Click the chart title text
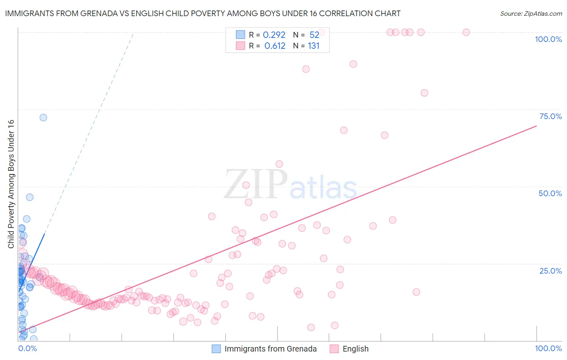pyautogui.click(x=202, y=13)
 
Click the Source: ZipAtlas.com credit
pyautogui.click(x=531, y=13)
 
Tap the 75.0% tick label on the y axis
pyautogui.click(x=550, y=116)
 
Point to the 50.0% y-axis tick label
pyautogui.click(x=550, y=193)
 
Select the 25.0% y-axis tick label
pyautogui.click(x=550, y=271)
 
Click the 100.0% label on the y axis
pyautogui.click(x=548, y=39)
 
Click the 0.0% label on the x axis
pyautogui.click(x=27, y=348)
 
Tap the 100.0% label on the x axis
pyautogui.click(x=548, y=348)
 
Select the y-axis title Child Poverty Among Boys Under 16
pyautogui.click(x=11, y=184)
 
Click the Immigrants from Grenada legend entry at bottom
pyautogui.click(x=270, y=349)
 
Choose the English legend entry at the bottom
pyautogui.click(x=355, y=349)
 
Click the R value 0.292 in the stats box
pyautogui.click(x=274, y=35)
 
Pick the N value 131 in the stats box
pyautogui.click(x=313, y=46)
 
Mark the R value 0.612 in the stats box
pyautogui.click(x=275, y=46)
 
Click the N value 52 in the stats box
pyautogui.click(x=314, y=35)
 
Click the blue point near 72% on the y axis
pyautogui.click(x=43, y=117)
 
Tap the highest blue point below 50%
pyautogui.click(x=29, y=197)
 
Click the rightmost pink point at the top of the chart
pyautogui.click(x=466, y=32)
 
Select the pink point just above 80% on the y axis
pyautogui.click(x=424, y=93)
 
